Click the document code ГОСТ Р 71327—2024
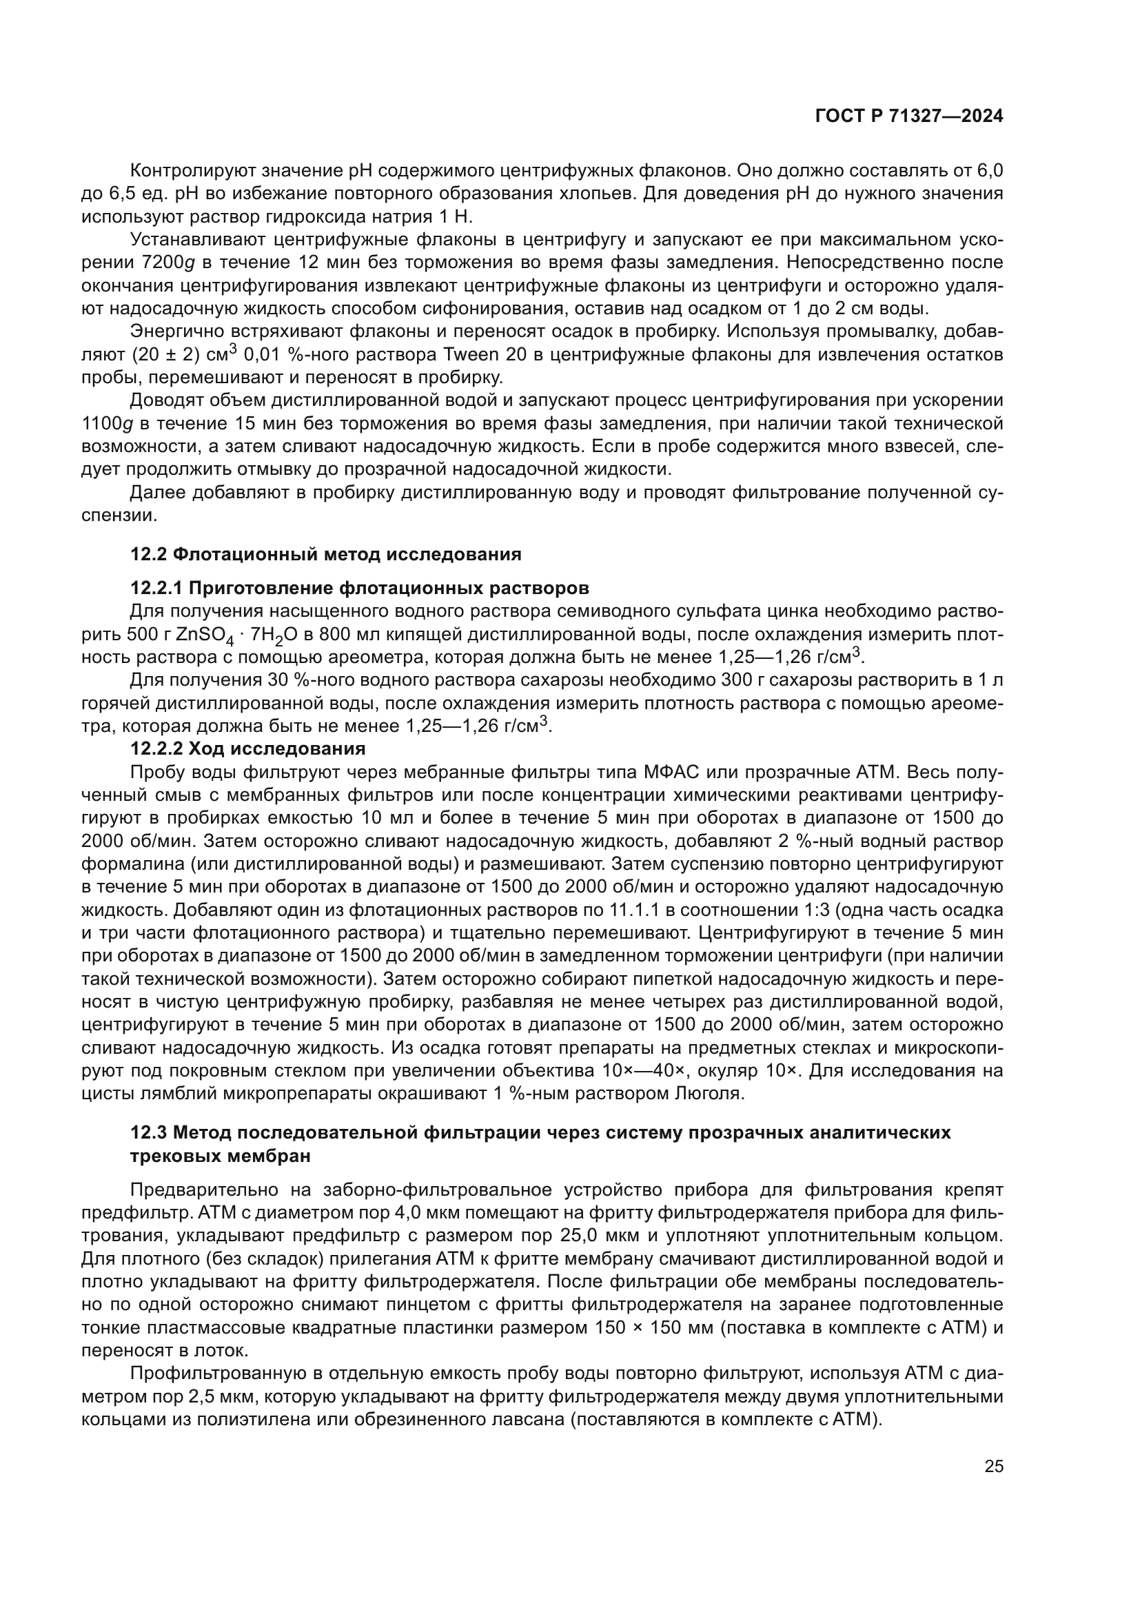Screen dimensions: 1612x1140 point(908,116)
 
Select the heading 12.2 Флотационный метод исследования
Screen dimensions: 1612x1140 point(326,554)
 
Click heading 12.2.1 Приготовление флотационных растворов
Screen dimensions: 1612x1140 point(359,587)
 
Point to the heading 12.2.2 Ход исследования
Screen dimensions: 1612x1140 point(248,748)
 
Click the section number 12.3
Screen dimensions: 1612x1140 point(149,1132)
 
